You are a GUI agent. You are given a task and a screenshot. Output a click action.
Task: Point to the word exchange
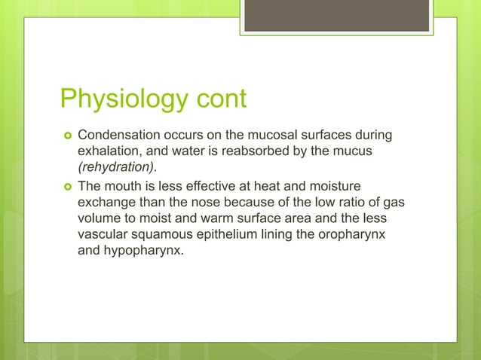[x=106, y=203]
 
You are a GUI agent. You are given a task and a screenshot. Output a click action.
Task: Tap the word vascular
[x=103, y=236]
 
